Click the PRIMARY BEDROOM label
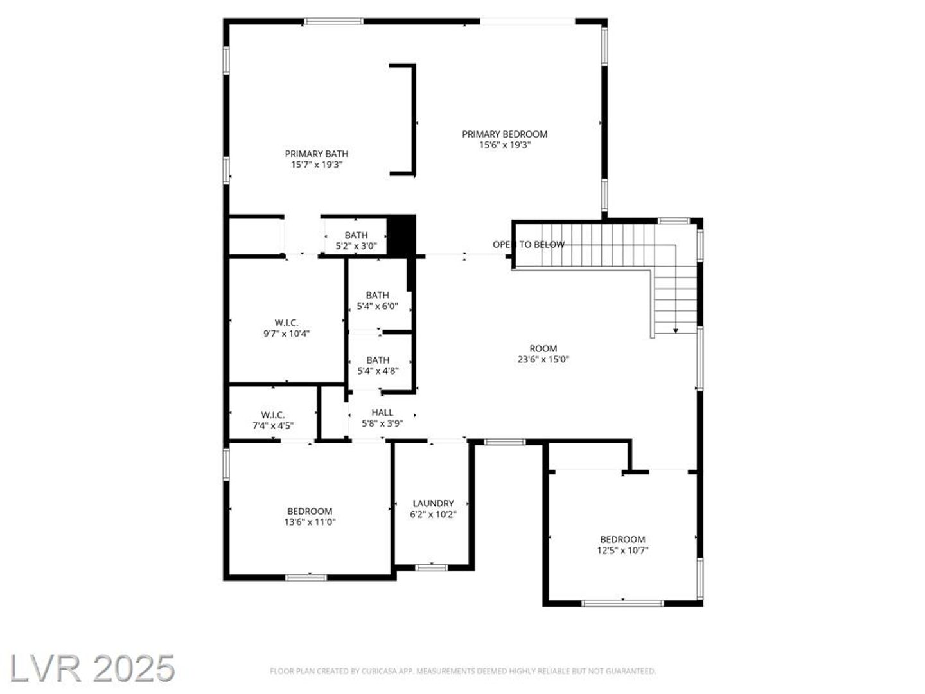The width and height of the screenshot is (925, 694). pos(504,134)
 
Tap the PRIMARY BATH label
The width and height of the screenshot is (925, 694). pos(317,154)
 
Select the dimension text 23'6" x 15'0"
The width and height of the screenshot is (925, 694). pos(543,359)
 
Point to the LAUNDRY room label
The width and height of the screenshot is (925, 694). pos(433,504)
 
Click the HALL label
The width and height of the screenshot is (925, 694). pos(382,413)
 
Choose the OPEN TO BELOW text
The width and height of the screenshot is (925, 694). pos(529,244)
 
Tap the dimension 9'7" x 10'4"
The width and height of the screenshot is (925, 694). pos(286,334)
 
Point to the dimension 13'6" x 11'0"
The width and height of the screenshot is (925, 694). pos(310,522)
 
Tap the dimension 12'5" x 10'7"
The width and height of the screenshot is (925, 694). pos(622,550)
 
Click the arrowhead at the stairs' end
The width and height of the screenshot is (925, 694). pos(676,331)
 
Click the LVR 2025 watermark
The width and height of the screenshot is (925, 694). pos(92,668)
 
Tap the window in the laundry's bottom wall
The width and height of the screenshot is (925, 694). pos(431,567)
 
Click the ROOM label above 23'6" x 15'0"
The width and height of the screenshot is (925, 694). pos(543,348)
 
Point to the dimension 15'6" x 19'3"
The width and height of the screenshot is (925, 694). pos(504,145)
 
